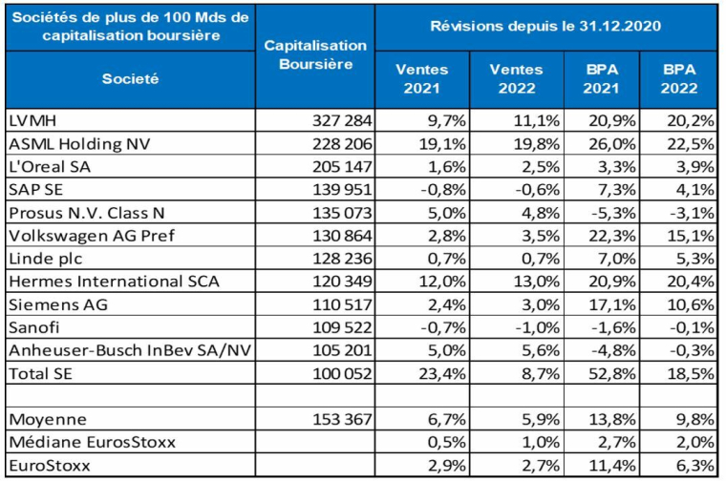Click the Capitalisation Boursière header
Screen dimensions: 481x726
click(314, 54)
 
